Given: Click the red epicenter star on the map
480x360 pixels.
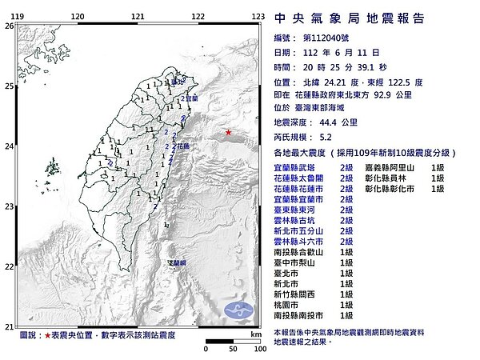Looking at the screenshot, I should [229, 132].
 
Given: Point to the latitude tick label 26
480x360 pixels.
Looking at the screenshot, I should [9, 26].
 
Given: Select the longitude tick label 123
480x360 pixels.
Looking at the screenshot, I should [258, 16].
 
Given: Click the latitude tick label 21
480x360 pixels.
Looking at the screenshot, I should [9, 326].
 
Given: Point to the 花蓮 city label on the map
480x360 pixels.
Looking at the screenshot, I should [183, 146].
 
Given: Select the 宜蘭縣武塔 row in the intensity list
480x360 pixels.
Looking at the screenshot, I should [301, 166].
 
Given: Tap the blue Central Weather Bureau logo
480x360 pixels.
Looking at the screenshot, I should [238, 309].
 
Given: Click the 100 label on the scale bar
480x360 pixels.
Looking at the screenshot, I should [258, 350].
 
